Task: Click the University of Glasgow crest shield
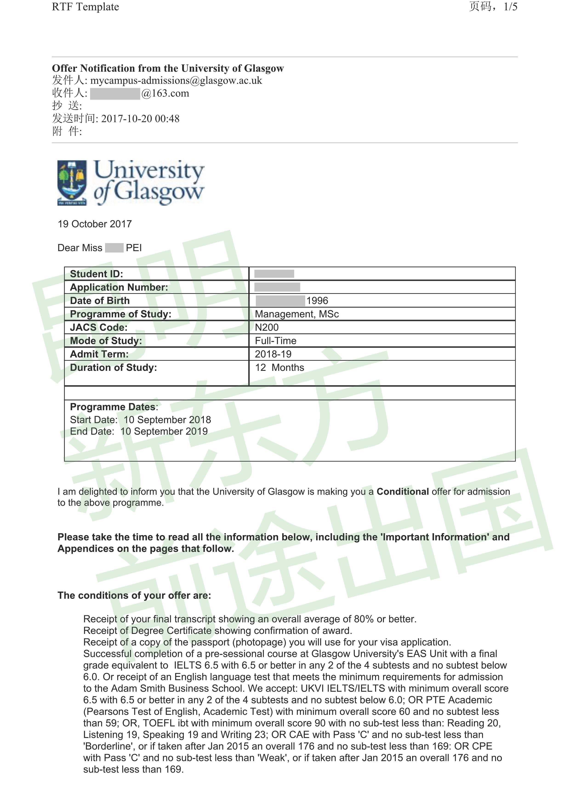pyautogui.click(x=72, y=182)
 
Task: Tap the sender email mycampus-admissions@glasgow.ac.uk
pyautogui.click(x=176, y=80)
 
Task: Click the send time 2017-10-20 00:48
pyautogui.click(x=140, y=119)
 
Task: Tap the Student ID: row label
pyautogui.click(x=96, y=274)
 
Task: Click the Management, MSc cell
pyautogui.click(x=296, y=314)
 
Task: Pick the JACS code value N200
pyautogui.click(x=267, y=327)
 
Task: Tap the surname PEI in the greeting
pyautogui.click(x=134, y=248)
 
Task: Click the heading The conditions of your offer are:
pyautogui.click(x=134, y=595)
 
